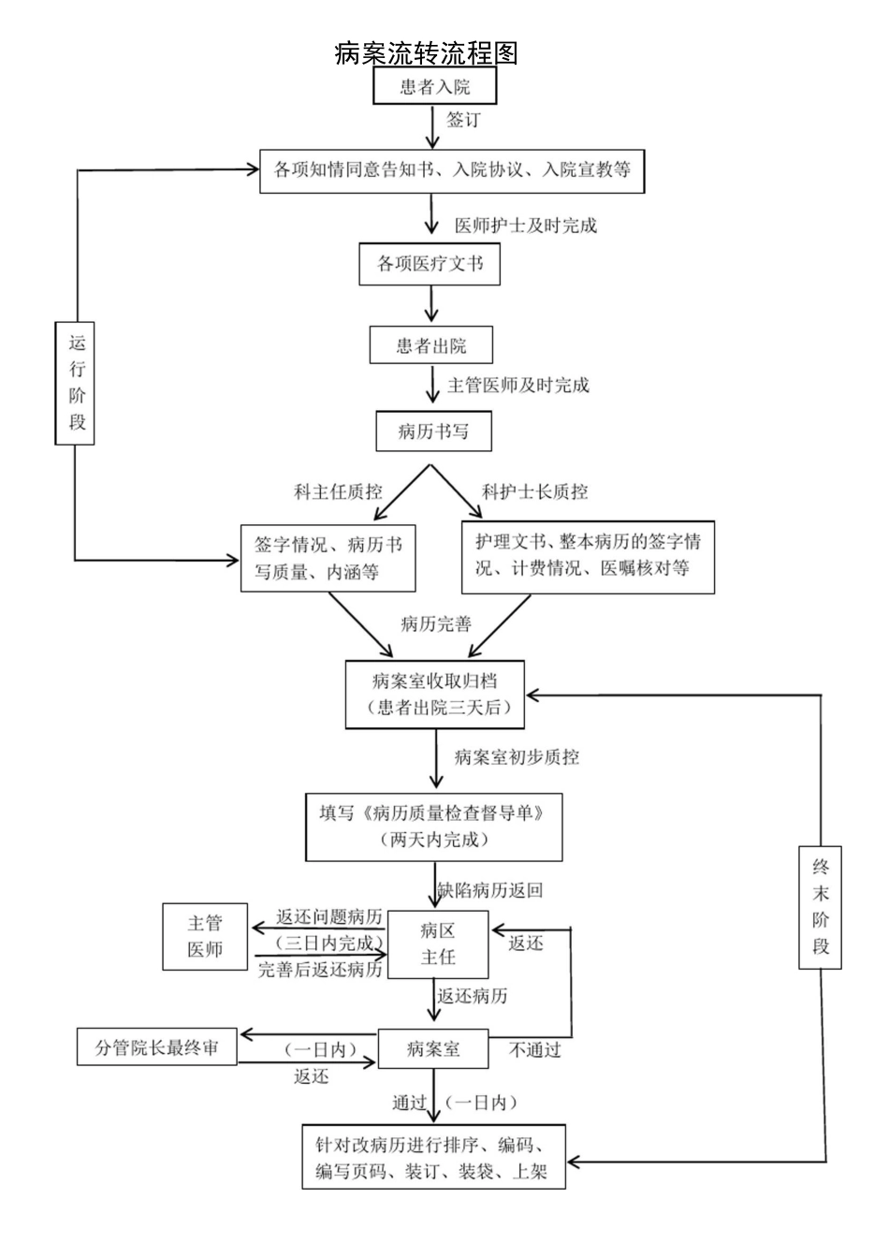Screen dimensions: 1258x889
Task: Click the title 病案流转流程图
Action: (x=426, y=53)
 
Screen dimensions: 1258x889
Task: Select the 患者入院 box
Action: (x=434, y=87)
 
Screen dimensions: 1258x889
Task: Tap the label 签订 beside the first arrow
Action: (x=463, y=120)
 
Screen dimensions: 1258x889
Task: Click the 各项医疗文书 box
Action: (x=430, y=264)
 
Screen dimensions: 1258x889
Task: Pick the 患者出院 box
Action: (x=430, y=345)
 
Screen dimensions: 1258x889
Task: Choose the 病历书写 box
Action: (x=433, y=431)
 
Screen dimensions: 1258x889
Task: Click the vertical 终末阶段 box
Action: (x=820, y=906)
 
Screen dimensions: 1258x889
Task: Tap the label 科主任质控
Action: (x=338, y=491)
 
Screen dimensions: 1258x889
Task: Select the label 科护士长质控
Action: (x=534, y=491)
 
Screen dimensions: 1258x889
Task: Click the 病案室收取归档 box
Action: (x=434, y=694)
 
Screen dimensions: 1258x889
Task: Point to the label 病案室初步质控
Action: (x=516, y=757)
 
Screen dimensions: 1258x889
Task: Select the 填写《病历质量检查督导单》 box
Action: (x=433, y=826)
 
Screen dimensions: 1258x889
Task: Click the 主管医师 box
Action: (x=205, y=936)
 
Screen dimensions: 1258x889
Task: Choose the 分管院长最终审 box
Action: (x=156, y=1047)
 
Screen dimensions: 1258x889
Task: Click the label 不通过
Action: (x=534, y=1050)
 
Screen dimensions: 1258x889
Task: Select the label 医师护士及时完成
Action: (x=525, y=226)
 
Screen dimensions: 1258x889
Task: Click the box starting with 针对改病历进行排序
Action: (x=433, y=1157)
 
